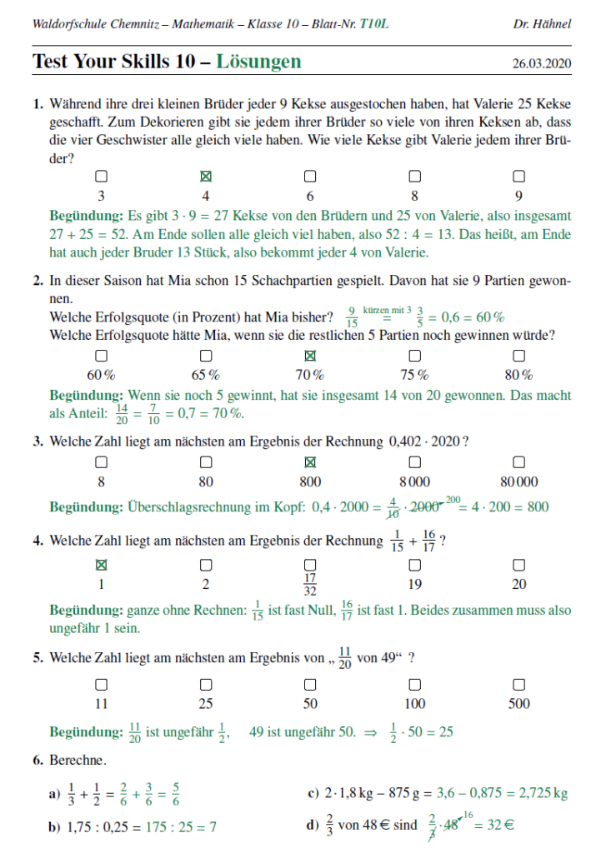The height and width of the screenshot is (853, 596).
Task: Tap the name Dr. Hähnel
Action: coord(543,24)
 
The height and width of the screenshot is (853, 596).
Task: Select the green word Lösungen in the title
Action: coord(259,62)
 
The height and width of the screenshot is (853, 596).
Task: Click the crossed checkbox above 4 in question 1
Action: coord(206,177)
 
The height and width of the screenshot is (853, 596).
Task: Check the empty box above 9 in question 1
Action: coord(518,177)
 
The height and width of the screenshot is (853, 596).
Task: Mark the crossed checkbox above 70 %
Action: coord(310,355)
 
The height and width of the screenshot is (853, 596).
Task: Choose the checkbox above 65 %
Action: coord(206,355)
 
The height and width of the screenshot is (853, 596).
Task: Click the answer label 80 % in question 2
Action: coord(518,374)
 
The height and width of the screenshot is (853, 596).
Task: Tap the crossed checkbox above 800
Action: coord(310,461)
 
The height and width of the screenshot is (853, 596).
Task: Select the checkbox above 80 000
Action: coord(518,461)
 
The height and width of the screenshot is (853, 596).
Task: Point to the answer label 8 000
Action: coord(414,481)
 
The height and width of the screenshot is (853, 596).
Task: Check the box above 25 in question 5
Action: coord(206,684)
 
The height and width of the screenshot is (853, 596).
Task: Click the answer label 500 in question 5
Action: coord(518,704)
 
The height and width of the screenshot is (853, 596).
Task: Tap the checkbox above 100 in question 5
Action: coord(414,684)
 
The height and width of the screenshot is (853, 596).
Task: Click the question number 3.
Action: coord(38,441)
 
